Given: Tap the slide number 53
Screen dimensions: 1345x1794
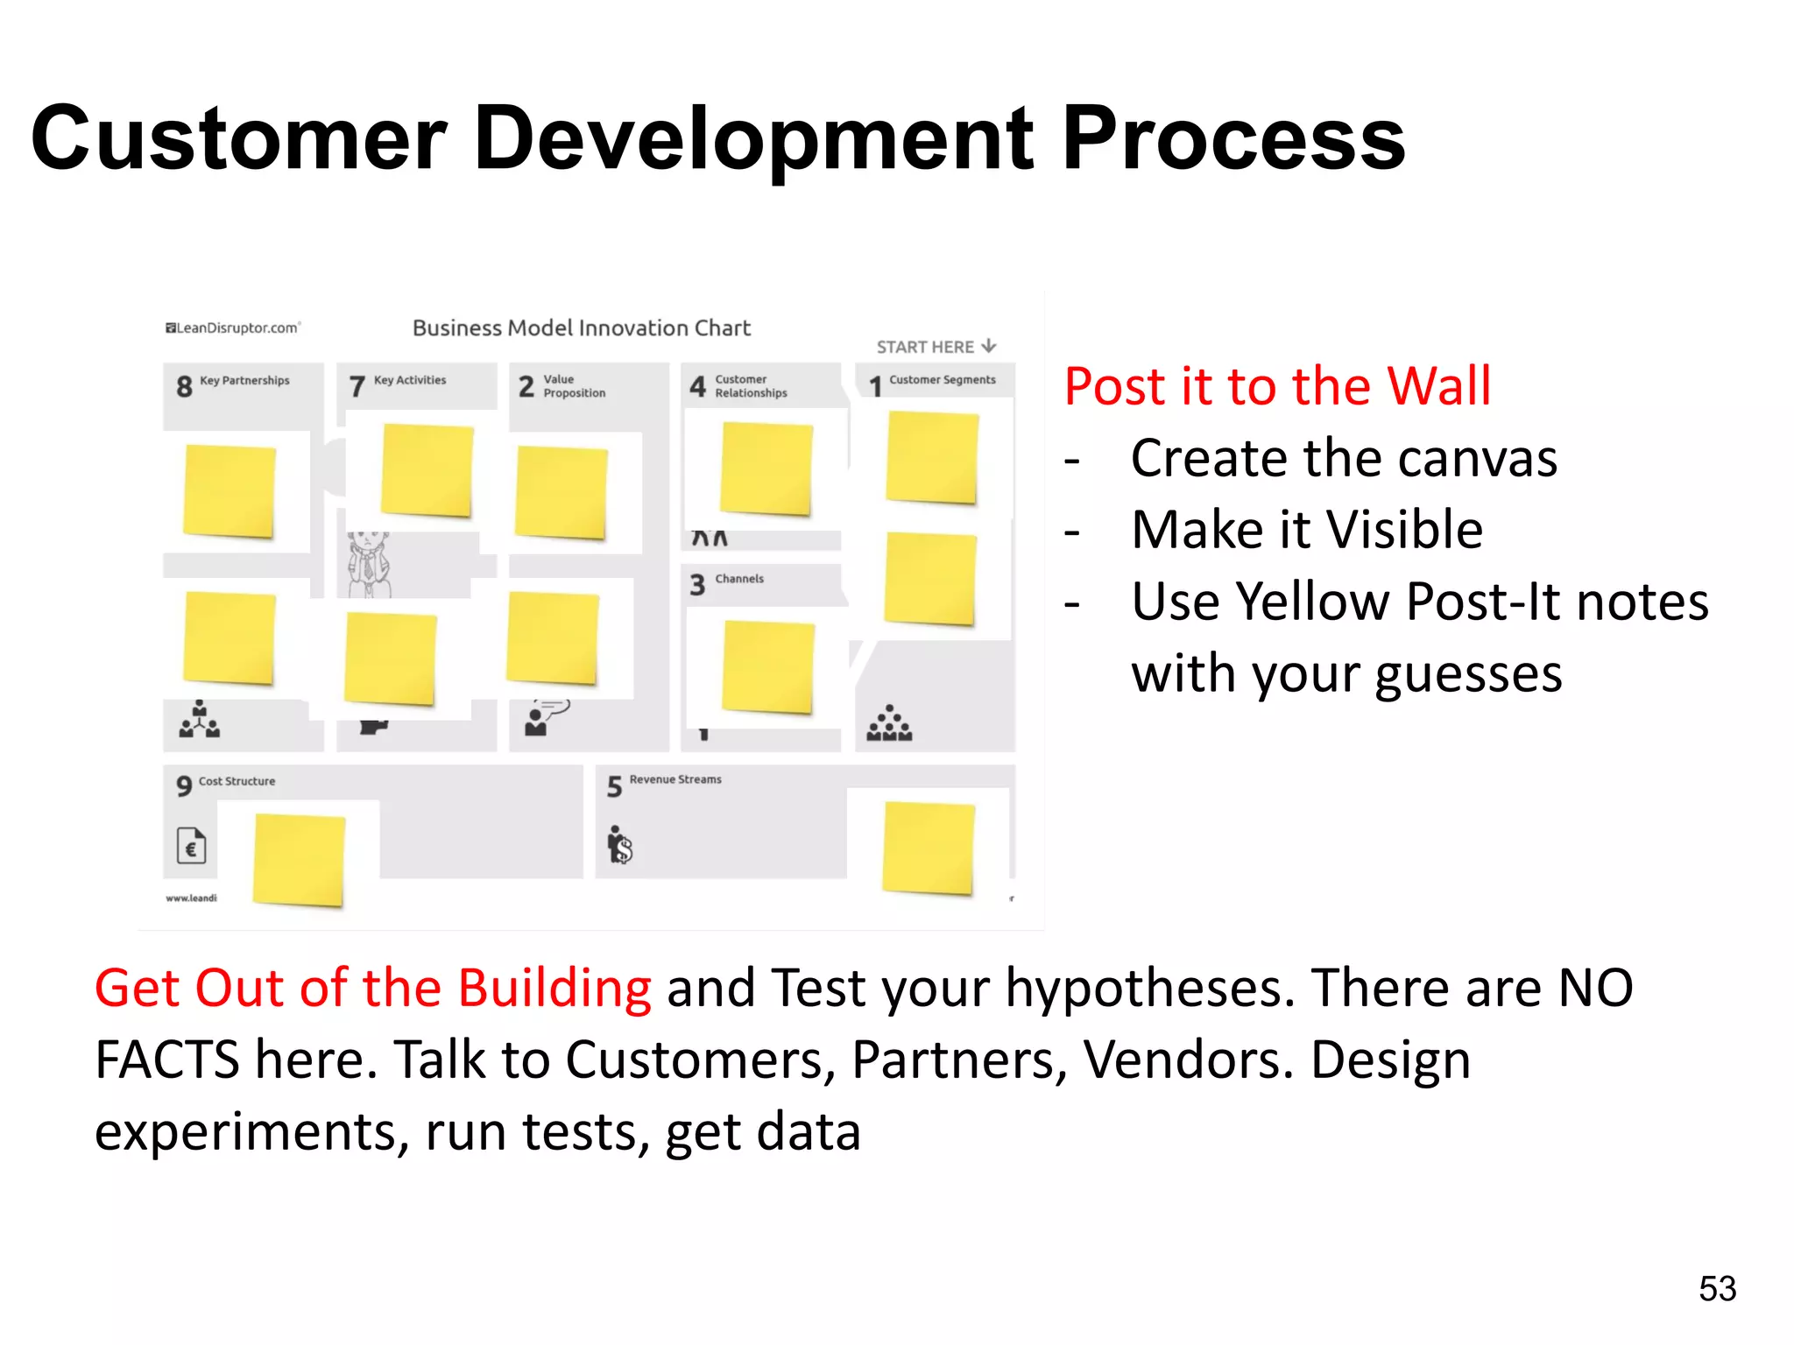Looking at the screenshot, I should pyautogui.click(x=1717, y=1289).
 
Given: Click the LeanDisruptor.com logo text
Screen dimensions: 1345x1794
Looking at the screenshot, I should pyautogui.click(x=233, y=328).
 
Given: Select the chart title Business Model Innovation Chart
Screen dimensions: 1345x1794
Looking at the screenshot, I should pyautogui.click(x=582, y=328).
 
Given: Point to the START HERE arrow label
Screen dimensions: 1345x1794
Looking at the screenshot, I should pyautogui.click(x=936, y=347).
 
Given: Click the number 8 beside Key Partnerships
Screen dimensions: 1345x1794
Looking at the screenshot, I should pyautogui.click(x=184, y=386).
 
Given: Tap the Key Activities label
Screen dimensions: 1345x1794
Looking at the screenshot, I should pyautogui.click(x=409, y=380).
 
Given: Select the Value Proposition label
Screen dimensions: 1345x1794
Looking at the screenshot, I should pyautogui.click(x=574, y=386).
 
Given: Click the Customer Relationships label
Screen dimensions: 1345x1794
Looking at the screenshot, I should pyautogui.click(x=751, y=386).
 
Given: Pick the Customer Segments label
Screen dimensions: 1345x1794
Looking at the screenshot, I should pyautogui.click(x=942, y=380).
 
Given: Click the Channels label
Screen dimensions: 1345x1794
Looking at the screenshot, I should pyautogui.click(x=738, y=579).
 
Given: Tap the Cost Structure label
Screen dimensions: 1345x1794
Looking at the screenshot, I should pyautogui.click(x=237, y=781).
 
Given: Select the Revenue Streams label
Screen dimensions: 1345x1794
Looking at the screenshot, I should pyautogui.click(x=675, y=779).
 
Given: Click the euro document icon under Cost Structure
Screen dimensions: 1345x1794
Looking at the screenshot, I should pyautogui.click(x=191, y=846).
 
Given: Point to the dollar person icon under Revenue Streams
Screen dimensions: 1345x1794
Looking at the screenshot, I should pyautogui.click(x=619, y=845).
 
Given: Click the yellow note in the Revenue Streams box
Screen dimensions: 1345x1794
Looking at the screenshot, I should pyautogui.click(x=929, y=848).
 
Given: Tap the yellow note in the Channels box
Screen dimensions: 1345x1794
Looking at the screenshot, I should pyautogui.click(x=767, y=667).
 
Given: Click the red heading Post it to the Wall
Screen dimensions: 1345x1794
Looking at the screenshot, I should pyautogui.click(x=1277, y=386).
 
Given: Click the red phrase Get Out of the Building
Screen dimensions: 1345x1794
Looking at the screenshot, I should pyautogui.click(x=372, y=988).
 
